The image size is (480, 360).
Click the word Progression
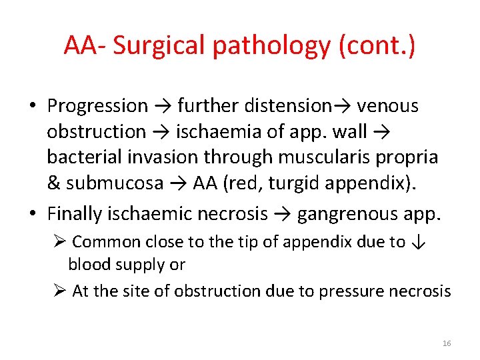97,106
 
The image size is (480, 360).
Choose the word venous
388,105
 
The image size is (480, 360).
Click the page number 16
446,343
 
